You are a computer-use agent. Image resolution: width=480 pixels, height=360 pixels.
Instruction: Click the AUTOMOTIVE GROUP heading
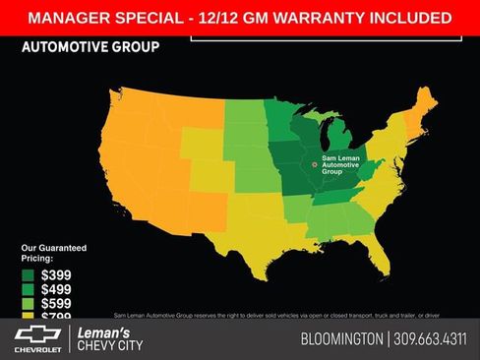click(x=90, y=46)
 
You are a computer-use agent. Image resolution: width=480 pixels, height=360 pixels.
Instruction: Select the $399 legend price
click(x=56, y=275)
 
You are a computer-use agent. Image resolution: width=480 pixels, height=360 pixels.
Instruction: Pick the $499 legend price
click(x=56, y=290)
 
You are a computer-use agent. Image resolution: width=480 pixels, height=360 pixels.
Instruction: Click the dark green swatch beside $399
click(x=29, y=275)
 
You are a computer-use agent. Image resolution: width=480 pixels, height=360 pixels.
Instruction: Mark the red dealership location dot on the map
click(x=315, y=164)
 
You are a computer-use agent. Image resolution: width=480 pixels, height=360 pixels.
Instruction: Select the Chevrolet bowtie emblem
click(x=37, y=334)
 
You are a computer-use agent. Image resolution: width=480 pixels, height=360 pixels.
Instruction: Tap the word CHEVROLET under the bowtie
click(x=37, y=349)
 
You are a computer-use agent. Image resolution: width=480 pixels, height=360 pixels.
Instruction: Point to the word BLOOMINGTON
click(x=341, y=339)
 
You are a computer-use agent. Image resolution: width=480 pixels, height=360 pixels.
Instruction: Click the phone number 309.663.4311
click(x=431, y=339)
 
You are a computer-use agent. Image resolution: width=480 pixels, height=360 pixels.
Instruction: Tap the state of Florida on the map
click(x=380, y=257)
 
